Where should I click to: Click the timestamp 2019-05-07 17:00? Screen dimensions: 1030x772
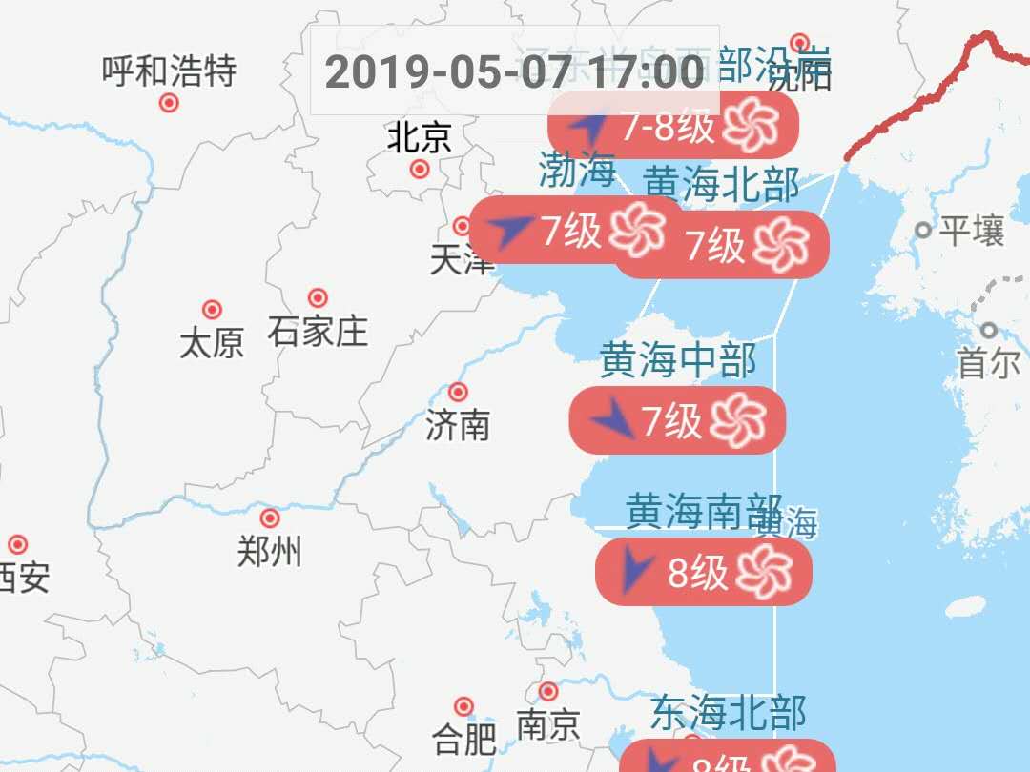515,71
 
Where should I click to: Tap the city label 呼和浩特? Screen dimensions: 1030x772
169,71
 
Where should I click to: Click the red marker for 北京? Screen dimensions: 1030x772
420,170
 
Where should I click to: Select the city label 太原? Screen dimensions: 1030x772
212,342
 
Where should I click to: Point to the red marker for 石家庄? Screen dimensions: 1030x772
318,298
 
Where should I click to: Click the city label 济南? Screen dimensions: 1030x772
458,425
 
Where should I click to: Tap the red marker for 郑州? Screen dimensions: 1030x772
270,518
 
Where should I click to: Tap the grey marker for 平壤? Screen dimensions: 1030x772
922,230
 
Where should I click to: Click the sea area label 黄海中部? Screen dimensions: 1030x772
677,361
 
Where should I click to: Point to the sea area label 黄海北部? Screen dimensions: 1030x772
721,184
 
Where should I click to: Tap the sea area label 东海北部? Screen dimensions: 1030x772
729,713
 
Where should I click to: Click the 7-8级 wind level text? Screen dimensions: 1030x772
668,126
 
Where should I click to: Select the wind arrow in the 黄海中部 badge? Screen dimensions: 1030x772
612,418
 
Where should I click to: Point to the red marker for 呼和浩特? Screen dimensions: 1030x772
169,103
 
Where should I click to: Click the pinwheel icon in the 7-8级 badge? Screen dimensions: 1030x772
752,125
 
